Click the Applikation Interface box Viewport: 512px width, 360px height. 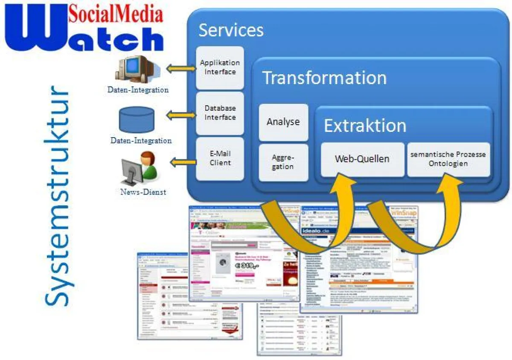[220, 67]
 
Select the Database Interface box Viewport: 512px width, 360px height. [220, 113]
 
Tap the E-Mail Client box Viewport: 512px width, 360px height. [220, 158]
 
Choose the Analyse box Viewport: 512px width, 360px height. [283, 122]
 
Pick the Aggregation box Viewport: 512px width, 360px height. [283, 162]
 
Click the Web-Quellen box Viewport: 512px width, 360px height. [362, 159]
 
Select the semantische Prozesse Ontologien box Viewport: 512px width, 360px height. [448, 159]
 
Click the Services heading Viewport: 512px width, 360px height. [231, 30]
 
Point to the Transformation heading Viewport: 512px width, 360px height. [324, 78]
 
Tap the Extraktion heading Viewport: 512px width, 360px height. [365, 126]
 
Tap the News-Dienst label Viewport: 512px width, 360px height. [143, 192]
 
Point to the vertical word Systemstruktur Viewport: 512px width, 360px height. [57, 196]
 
